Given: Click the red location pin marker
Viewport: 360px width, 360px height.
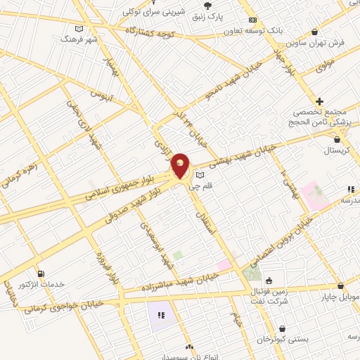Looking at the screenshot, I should coord(181,166).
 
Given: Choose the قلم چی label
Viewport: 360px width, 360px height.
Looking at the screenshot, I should coord(202,186).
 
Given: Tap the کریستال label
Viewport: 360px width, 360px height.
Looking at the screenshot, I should coord(337,150).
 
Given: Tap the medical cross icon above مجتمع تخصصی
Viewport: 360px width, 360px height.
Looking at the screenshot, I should coord(320,102).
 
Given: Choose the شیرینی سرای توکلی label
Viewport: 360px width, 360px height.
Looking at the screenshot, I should coord(150,12).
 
